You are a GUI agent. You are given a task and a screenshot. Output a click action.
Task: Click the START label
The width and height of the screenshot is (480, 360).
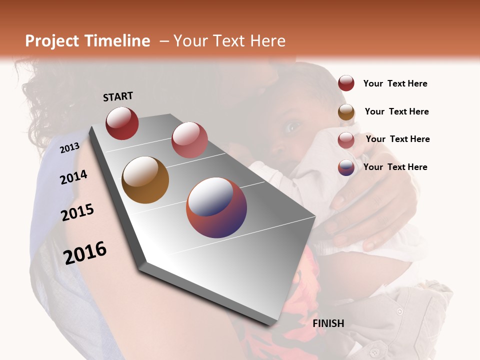point(118,96)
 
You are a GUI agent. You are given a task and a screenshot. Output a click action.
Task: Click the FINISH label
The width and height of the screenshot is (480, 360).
point(328,323)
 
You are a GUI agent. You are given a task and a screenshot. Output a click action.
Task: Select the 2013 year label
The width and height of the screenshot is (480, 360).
point(69,147)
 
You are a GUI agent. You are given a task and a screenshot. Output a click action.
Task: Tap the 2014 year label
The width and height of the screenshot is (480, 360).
point(73,177)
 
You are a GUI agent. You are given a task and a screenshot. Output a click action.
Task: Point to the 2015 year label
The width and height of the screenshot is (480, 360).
point(77,212)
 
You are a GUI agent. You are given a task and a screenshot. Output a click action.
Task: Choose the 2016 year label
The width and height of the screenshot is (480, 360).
point(85,252)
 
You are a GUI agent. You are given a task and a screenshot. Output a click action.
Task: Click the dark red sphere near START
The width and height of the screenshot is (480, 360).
point(122,123)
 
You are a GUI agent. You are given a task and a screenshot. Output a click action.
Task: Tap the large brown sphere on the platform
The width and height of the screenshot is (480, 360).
point(145,180)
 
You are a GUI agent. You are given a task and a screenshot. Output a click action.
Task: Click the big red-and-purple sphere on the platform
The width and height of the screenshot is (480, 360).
point(216,207)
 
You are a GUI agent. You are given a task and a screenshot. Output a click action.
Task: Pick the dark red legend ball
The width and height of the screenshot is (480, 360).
point(346,83)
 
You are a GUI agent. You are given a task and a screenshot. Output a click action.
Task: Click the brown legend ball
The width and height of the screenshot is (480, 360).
point(346,112)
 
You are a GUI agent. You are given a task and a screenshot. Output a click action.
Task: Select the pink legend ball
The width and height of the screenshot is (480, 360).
point(346,140)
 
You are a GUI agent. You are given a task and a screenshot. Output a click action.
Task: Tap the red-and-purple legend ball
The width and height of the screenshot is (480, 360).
point(346,167)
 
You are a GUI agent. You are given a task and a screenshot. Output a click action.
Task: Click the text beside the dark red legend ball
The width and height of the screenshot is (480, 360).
point(395,83)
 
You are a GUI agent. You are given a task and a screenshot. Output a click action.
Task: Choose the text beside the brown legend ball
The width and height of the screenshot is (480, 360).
point(396,111)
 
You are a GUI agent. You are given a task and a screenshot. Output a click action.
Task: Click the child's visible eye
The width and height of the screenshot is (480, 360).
point(292,127)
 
